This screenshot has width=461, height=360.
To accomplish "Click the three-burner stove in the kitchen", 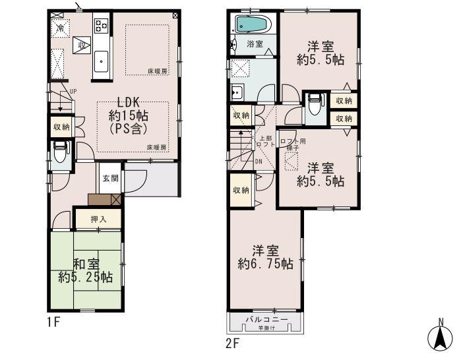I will pos(101,26).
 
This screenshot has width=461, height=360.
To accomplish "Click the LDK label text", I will pos(127,103).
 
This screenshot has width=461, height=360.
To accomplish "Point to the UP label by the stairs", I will pos(73,91).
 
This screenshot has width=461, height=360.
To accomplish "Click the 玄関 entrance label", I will pos(110,177).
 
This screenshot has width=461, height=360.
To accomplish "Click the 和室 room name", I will pos(86,264).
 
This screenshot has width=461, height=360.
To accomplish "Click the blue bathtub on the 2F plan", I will pos(251,24).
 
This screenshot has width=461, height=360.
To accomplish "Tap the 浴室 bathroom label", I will pos(255,44).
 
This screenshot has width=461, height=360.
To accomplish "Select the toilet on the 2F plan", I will pos(315,102).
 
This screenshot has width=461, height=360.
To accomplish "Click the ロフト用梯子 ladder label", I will pos(292,144).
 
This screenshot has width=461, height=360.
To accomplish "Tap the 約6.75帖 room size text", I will pos(266,264).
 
